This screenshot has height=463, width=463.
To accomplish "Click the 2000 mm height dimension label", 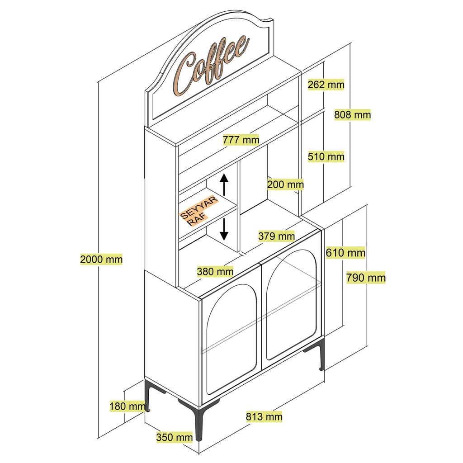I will point(101,260).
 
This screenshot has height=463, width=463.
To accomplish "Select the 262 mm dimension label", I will point(326,85).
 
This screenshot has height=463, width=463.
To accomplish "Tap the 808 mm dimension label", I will point(352,115).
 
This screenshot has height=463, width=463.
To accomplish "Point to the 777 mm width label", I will point(241,139).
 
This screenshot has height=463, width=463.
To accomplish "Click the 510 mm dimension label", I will point(326,157).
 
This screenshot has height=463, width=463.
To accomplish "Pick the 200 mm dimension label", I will point(285,184).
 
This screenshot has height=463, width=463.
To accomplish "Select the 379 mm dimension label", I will point(276,236).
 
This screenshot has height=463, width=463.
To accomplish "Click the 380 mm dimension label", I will point(215,271).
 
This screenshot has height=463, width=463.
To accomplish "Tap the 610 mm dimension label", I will point(345,252).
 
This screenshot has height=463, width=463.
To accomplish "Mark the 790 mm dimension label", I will point(366,277).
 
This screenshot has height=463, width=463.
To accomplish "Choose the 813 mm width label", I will point(264,416).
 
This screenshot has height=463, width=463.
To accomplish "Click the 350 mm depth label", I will point(174,437).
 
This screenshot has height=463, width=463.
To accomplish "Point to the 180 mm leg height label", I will point(127,406).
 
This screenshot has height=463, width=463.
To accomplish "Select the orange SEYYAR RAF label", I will point(199,210).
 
